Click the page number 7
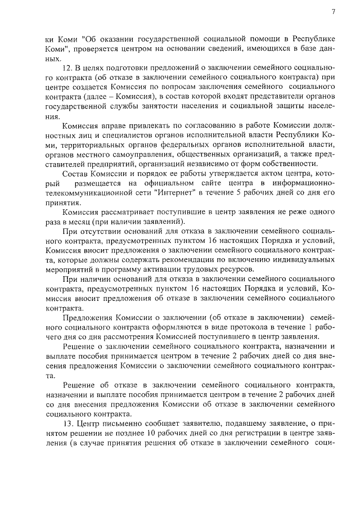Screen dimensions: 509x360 coord(334,12)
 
